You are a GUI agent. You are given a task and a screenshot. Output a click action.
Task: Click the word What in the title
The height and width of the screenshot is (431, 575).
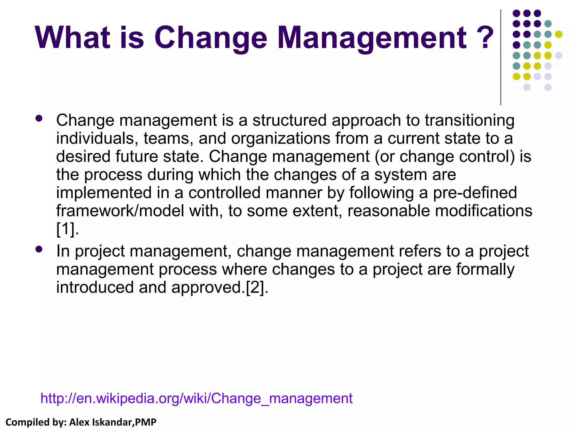72,38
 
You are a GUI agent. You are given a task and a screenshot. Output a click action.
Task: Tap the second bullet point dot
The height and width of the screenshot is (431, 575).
39,249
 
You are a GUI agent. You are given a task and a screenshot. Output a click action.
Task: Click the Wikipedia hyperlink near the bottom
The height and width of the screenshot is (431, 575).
196,398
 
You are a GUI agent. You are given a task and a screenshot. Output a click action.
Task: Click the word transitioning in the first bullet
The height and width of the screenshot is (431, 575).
469,121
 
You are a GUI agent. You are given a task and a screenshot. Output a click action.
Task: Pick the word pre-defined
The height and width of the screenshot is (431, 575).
475,193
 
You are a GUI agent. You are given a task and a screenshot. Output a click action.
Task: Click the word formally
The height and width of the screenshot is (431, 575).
485,269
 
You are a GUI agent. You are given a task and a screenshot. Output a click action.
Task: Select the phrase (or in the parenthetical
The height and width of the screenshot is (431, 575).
384,157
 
